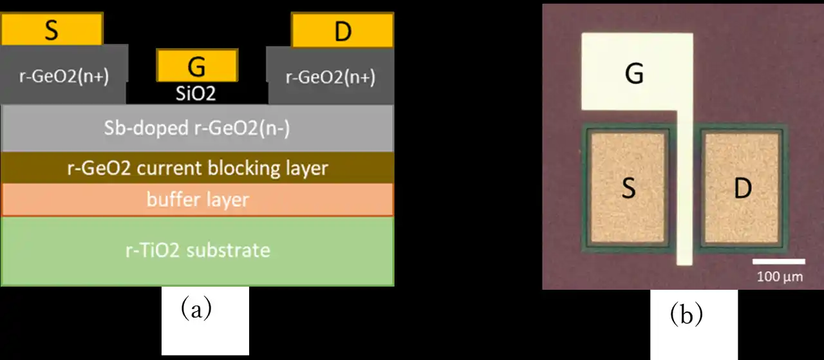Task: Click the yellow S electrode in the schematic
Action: pos(51,29)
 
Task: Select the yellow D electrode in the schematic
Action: pos(342,31)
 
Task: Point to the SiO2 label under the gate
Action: pos(196,94)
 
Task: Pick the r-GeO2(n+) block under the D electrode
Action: pos(330,76)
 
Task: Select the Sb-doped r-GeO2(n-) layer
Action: pos(198,128)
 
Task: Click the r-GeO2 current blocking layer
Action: pos(198,169)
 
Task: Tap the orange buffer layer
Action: pos(198,200)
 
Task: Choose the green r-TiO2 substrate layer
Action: pos(198,250)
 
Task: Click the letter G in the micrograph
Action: pos(634,75)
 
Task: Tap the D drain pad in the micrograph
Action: pos(743,189)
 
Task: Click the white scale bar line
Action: pos(779,261)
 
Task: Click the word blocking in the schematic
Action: pos(241,169)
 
